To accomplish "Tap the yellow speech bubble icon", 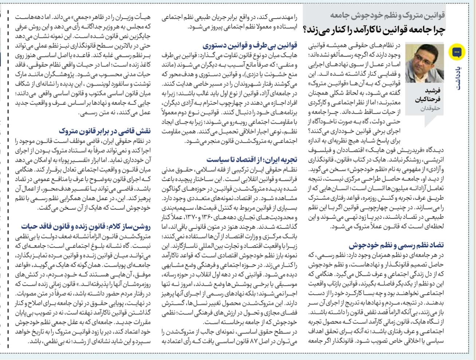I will pos(456,52).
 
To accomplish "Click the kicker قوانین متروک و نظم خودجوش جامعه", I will pos(388,15).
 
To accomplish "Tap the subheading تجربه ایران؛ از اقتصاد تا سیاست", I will pos(252,159).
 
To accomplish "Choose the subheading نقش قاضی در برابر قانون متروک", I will pos(105,131).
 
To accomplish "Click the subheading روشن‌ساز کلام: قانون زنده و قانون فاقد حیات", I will pos(86,226).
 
